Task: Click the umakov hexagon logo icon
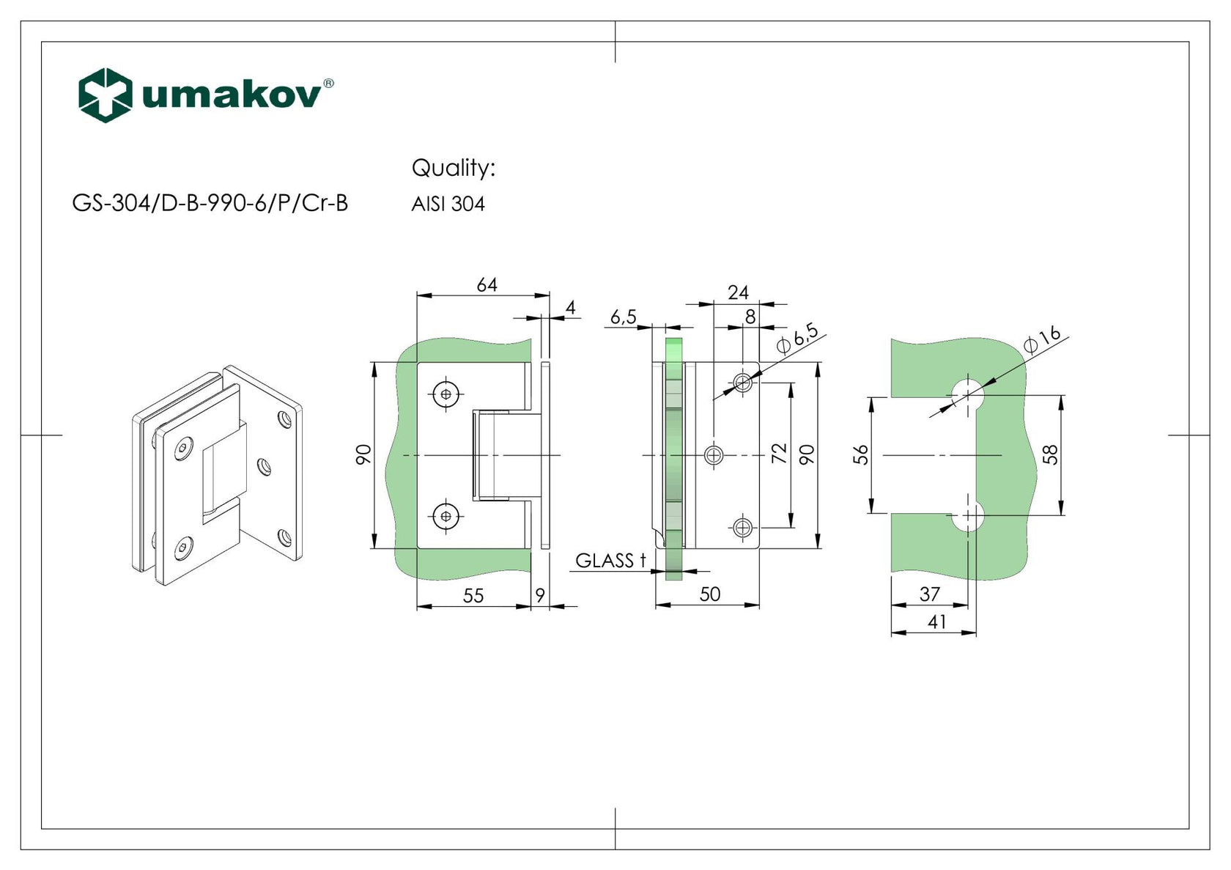(105, 95)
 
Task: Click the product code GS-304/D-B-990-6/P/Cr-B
(210, 203)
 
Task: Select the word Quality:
(453, 168)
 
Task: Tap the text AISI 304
(448, 204)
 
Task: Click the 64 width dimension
(487, 284)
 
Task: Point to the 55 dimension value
(473, 595)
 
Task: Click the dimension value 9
(540, 595)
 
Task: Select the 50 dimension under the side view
(709, 594)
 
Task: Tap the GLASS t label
(610, 561)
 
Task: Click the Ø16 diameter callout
(1041, 339)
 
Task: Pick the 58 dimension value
(1050, 454)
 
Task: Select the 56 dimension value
(861, 454)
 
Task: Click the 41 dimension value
(936, 622)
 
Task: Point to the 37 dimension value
(929, 594)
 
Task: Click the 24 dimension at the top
(738, 292)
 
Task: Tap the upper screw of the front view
(446, 394)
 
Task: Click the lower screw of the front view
(446, 516)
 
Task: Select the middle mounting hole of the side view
(713, 455)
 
